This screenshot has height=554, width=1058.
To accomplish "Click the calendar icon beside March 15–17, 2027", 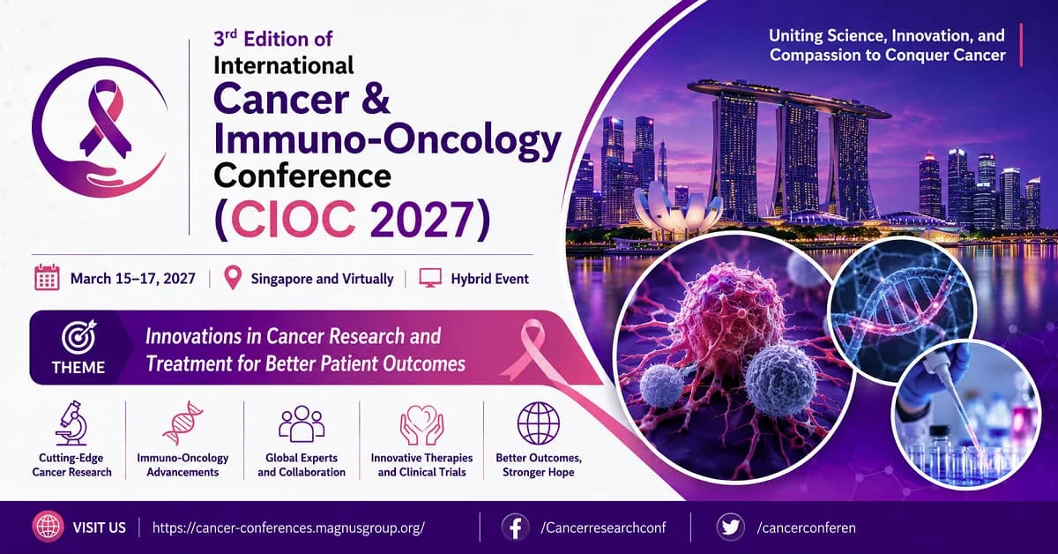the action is coord(48,278).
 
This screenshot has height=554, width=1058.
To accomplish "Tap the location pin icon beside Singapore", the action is coord(233,278).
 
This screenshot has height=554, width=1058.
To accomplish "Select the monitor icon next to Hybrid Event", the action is coord(430,278).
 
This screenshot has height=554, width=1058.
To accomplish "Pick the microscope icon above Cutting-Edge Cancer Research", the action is coord(71,423).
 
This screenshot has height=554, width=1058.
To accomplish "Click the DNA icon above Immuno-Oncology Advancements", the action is coord(183,423).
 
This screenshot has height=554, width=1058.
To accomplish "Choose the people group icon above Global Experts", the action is coord(302,423).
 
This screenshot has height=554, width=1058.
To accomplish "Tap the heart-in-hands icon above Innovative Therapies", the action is coord(421,424).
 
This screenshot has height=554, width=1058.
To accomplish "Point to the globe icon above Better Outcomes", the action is coord(539,423).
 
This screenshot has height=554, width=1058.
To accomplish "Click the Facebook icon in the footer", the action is coord(515,527).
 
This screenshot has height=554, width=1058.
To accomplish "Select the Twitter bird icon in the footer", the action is coord(730,527).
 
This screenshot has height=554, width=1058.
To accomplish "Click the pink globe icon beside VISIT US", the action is coord(48,527).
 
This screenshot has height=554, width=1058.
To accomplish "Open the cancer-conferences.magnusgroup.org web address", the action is coord(288,528).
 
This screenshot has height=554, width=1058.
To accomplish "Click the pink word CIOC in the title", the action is coord(293,220).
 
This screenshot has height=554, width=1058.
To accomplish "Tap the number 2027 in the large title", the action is coord(421,220).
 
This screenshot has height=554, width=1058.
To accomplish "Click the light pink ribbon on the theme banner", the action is coord(525,348).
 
